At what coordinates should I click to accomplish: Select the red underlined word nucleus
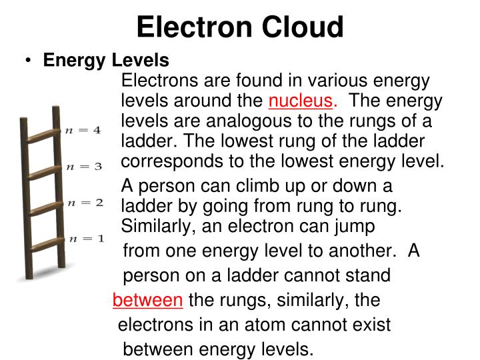point(300,101)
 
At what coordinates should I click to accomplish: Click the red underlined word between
point(147,300)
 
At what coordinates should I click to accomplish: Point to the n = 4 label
point(83,131)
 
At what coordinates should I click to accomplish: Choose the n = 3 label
point(83,166)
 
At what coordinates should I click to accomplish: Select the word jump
point(353,226)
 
